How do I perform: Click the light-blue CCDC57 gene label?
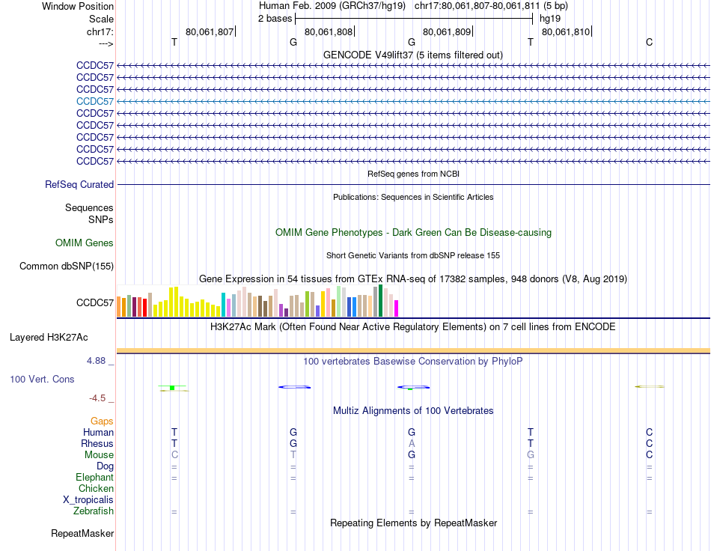point(95,101)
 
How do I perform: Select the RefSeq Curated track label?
point(79,184)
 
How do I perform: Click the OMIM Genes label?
point(85,243)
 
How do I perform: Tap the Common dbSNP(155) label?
point(67,266)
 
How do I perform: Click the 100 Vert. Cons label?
point(42,380)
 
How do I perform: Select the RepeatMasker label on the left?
point(82,534)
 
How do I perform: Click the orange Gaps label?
point(102,421)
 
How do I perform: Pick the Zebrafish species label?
point(94,511)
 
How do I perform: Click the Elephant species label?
point(94,478)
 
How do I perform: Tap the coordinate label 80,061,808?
point(328,32)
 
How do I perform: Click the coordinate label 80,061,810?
point(565,32)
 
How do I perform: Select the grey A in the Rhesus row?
point(411,444)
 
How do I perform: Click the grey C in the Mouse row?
point(174,455)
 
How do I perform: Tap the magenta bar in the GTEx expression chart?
point(397,308)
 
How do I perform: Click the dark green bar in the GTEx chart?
point(380,301)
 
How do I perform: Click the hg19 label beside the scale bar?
point(549,17)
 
